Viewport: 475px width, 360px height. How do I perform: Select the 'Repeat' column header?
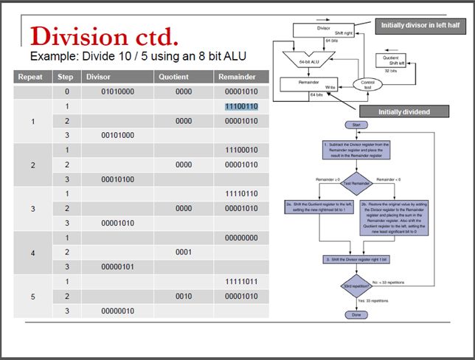[30, 77]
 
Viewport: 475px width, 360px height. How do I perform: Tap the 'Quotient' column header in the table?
[173, 77]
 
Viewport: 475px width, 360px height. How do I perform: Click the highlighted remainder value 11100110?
[241, 107]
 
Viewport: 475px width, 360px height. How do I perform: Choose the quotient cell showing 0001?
[184, 252]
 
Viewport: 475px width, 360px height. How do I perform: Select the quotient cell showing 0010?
[184, 296]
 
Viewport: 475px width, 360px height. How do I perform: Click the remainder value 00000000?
[241, 238]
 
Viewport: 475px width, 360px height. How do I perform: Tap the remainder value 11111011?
[241, 282]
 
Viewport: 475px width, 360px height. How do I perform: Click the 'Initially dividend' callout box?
[414, 112]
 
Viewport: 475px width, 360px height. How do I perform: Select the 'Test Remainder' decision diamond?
[356, 182]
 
